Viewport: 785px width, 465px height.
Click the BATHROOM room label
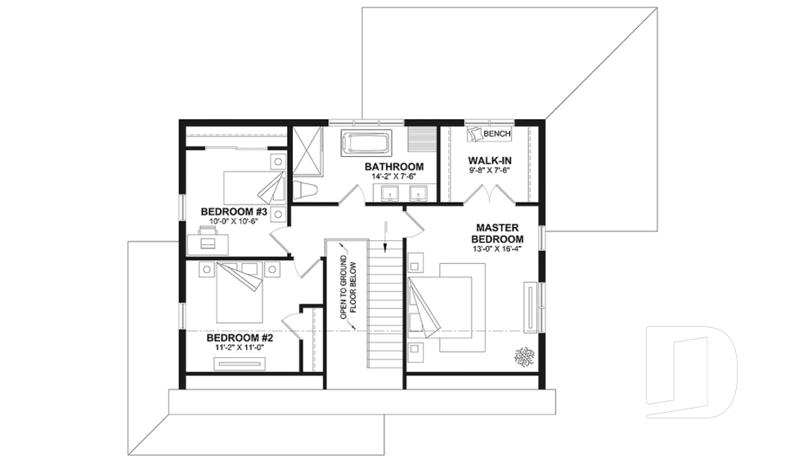[x=394, y=167]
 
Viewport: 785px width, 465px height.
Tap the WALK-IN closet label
[x=490, y=160]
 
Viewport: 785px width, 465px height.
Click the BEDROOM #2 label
[x=239, y=337]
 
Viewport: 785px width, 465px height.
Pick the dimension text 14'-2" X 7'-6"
[x=394, y=177]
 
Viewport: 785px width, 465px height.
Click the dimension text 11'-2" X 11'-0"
[x=239, y=347]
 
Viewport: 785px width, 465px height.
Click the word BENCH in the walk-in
[x=497, y=134]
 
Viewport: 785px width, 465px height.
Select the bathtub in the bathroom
[x=366, y=143]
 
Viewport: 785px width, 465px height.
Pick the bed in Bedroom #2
[x=240, y=293]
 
